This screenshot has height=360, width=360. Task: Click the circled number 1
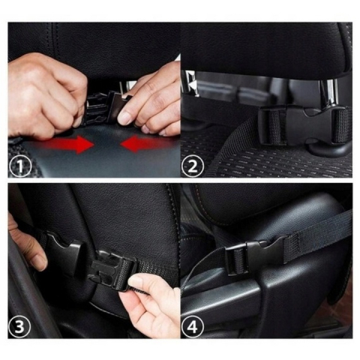point(20,166)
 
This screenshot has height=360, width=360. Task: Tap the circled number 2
point(193,166)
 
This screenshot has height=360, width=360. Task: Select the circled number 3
point(20,326)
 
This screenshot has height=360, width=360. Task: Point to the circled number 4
point(193,326)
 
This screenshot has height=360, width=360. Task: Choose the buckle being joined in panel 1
point(105,107)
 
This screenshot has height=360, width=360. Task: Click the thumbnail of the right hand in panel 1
point(126,117)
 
